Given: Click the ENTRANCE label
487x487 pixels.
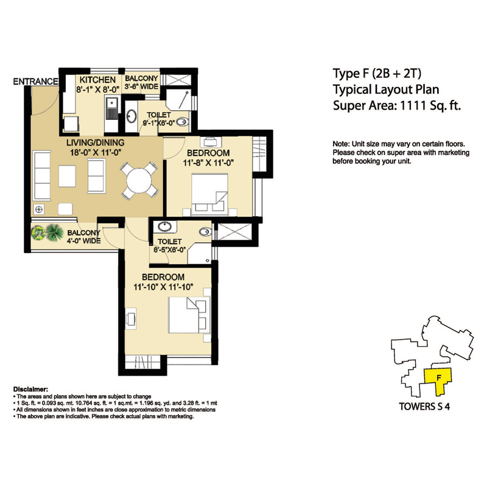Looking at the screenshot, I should (35, 81).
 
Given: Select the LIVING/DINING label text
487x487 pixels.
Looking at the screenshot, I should (96, 142).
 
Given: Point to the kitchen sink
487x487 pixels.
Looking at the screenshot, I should (113, 113).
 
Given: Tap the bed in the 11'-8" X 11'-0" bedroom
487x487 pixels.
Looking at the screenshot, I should (206, 190).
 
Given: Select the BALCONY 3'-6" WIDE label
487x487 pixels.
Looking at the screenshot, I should (141, 83).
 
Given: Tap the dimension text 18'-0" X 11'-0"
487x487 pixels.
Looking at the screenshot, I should (96, 152).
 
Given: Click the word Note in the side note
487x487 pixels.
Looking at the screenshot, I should (342, 143).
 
